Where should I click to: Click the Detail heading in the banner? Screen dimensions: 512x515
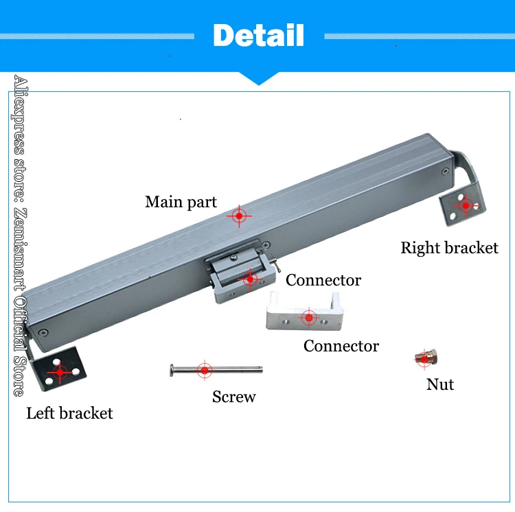258,35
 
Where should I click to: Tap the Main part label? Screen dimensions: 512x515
181,202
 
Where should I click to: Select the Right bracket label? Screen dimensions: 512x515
449,248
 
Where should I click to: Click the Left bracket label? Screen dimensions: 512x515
69,413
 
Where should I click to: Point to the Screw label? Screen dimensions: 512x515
233,397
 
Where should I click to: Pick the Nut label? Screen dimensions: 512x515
440,384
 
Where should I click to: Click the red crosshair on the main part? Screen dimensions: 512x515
239,216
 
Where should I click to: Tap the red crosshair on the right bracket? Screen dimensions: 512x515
466,205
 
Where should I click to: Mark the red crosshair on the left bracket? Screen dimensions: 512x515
60,371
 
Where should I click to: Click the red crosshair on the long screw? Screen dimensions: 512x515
205,370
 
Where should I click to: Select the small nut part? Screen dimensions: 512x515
426,357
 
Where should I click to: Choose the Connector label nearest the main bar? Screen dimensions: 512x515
323,280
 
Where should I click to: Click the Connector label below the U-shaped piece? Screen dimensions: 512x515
341,346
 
